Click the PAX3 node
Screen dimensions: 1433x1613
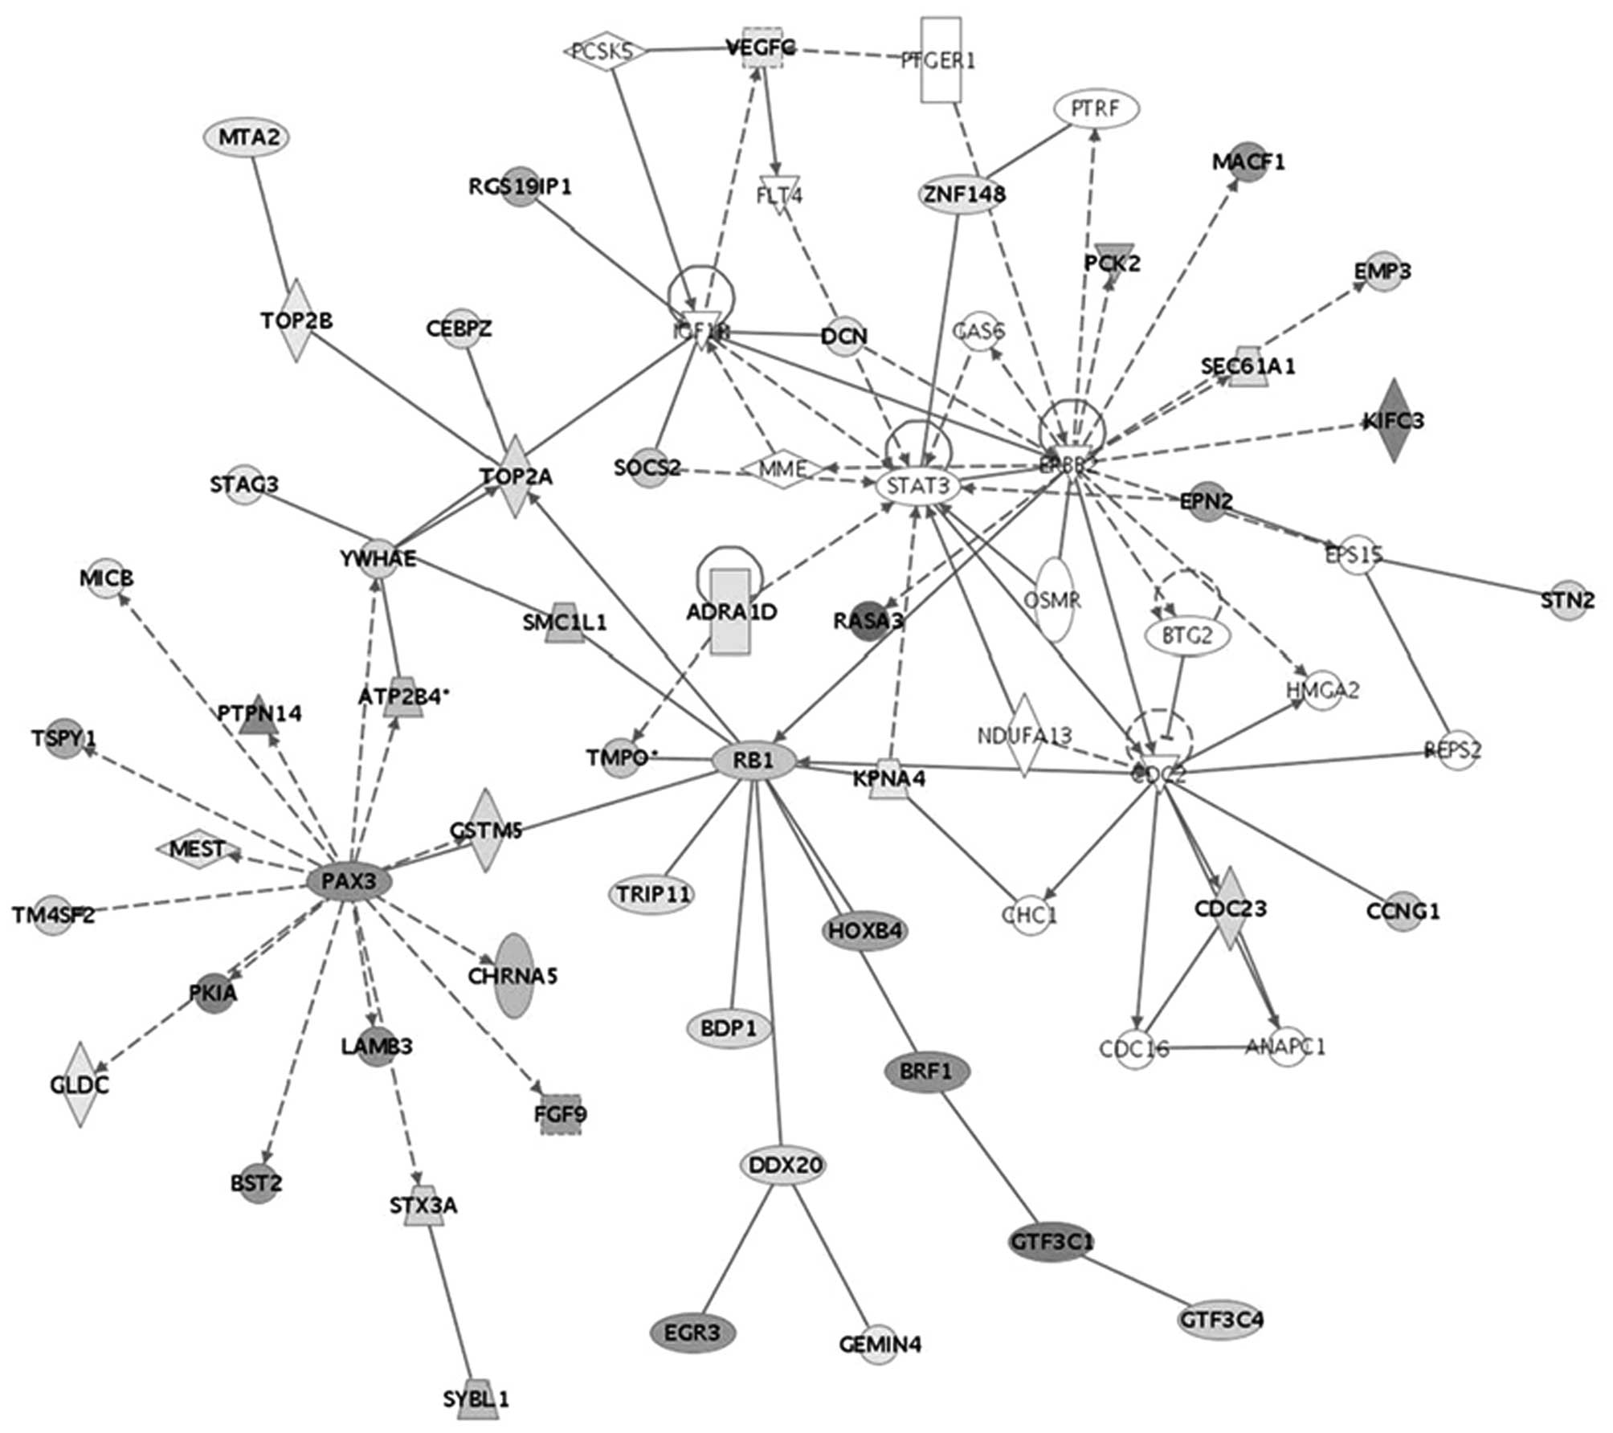(349, 881)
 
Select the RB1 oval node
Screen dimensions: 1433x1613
(753, 759)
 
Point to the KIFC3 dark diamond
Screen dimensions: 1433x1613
(1393, 420)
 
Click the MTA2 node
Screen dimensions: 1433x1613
(246, 137)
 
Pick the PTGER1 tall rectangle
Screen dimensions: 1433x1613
(941, 59)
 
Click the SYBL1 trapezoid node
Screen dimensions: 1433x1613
(476, 1399)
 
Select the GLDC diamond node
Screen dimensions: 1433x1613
(80, 1084)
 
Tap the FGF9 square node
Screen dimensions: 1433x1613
(560, 1114)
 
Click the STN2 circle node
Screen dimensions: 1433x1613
(1568, 600)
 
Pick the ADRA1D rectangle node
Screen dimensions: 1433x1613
(731, 612)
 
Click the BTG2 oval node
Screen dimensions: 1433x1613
(1187, 635)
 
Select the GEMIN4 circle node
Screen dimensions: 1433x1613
(880, 1344)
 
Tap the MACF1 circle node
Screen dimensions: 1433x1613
(1248, 162)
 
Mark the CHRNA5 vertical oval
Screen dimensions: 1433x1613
(514, 976)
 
